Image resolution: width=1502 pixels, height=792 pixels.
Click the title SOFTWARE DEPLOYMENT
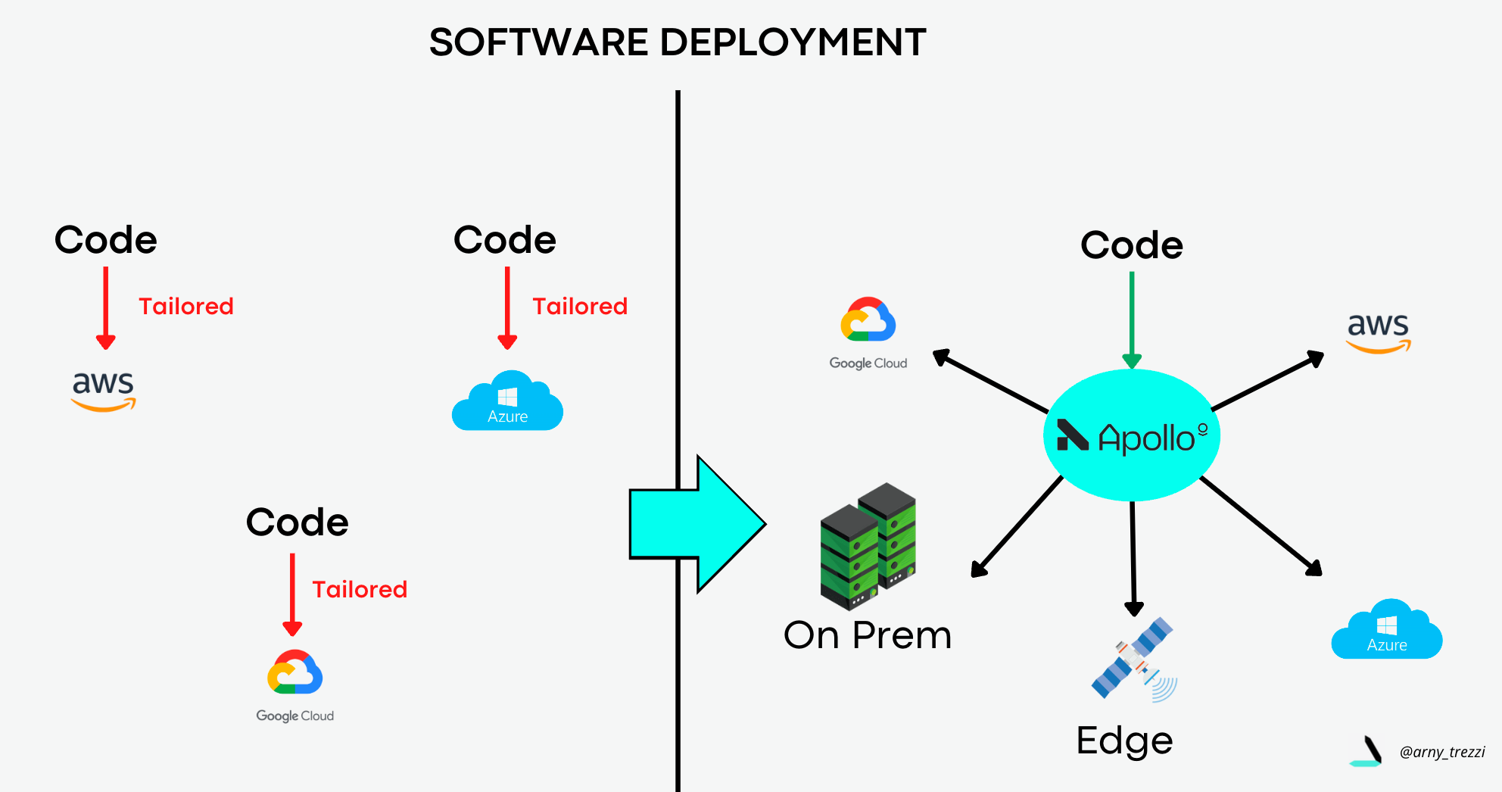[678, 42]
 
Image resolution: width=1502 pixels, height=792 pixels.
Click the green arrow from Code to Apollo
[1132, 318]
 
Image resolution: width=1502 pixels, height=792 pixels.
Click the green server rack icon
[868, 546]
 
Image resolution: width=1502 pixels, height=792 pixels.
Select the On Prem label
[868, 635]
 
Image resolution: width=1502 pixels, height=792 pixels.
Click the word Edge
[1124, 741]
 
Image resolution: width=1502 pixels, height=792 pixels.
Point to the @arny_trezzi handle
[1442, 752]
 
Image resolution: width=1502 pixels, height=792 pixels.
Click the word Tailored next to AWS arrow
[186, 307]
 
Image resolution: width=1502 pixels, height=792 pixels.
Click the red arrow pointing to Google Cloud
[292, 594]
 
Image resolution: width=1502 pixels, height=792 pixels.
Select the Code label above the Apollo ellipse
[1131, 246]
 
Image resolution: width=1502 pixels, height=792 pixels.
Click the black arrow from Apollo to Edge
[1133, 557]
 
